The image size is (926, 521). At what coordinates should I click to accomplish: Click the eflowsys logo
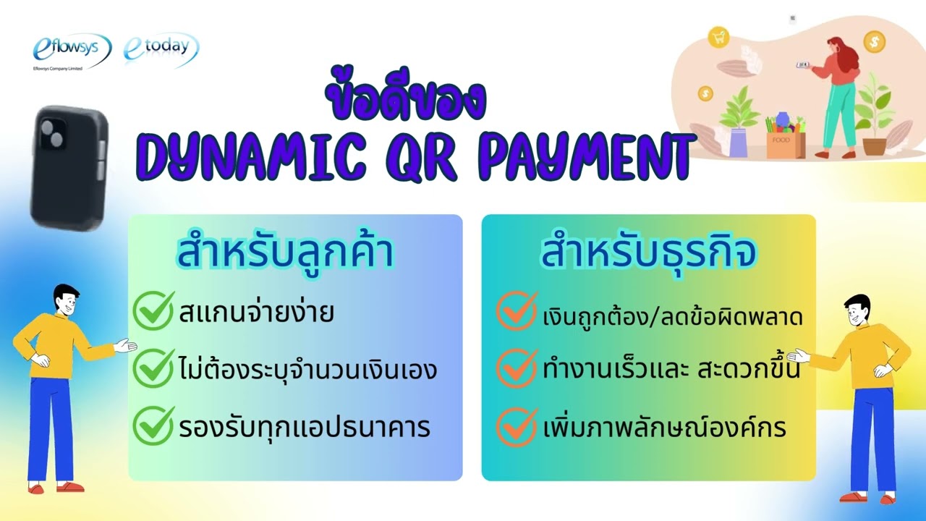[71, 51]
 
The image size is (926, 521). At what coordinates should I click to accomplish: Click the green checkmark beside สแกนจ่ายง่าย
[153, 310]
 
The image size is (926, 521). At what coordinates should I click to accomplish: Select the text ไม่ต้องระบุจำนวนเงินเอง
[307, 370]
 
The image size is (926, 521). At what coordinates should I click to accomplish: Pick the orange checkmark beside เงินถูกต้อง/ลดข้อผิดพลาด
[517, 311]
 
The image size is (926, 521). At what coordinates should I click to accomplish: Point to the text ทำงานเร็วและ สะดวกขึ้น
[671, 370]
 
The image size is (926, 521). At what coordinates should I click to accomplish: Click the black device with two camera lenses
[69, 166]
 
